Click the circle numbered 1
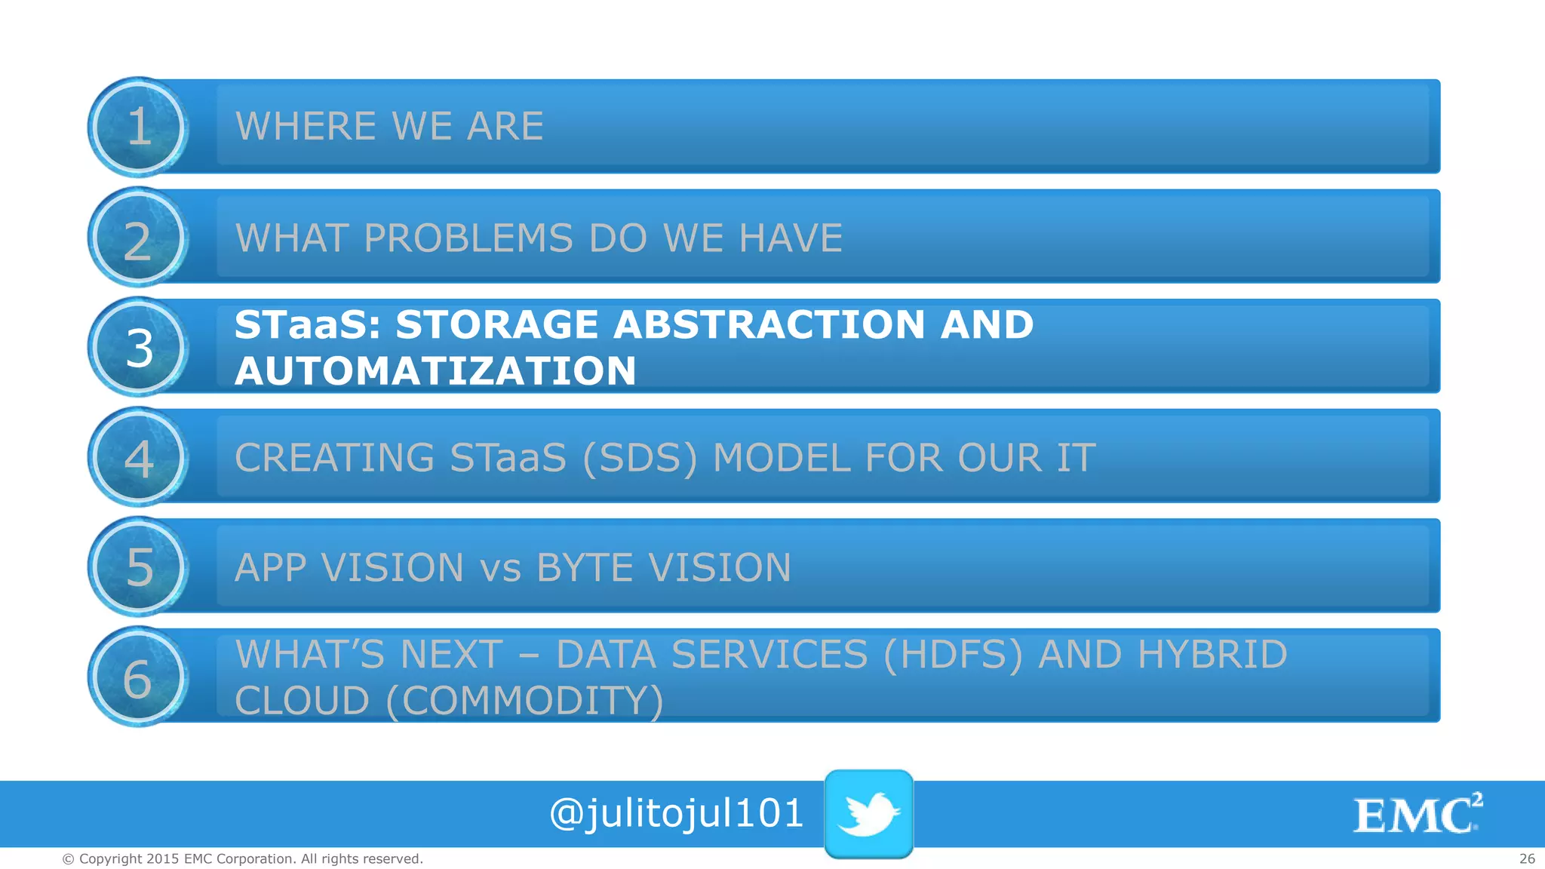tap(138, 127)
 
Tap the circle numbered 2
tap(138, 238)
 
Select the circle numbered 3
tap(138, 348)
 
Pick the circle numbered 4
tap(138, 458)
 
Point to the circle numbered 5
tap(138, 567)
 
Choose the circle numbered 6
tap(138, 677)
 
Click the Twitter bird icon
tap(868, 813)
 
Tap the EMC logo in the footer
tap(1418, 814)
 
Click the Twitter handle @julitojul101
tap(676, 814)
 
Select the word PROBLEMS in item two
tap(468, 238)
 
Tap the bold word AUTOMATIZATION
tap(435, 371)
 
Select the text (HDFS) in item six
tap(952, 654)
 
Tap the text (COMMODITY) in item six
tap(524, 701)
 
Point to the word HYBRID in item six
tap(1212, 654)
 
